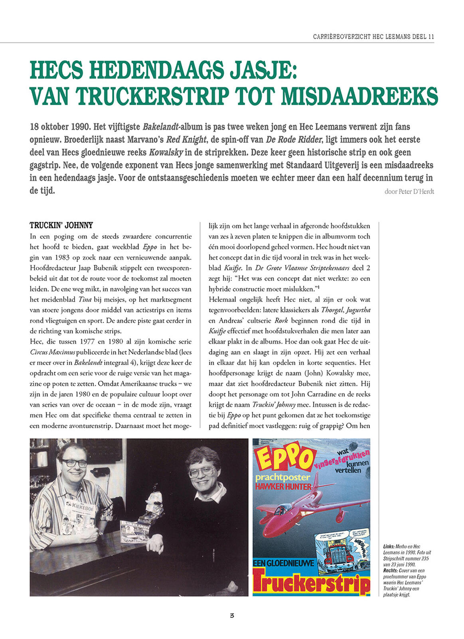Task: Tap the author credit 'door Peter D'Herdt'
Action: pos(409,192)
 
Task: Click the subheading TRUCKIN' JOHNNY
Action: pos(61,226)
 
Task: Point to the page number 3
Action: pos(232,615)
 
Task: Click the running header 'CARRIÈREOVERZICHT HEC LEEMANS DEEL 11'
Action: pos(373,37)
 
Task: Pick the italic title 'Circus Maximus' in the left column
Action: pos(52,352)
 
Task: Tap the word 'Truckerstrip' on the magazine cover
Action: pos(312,584)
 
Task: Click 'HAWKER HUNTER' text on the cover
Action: pos(283,487)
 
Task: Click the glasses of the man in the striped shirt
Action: pos(74,463)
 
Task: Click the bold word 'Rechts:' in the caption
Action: pos(390,571)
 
